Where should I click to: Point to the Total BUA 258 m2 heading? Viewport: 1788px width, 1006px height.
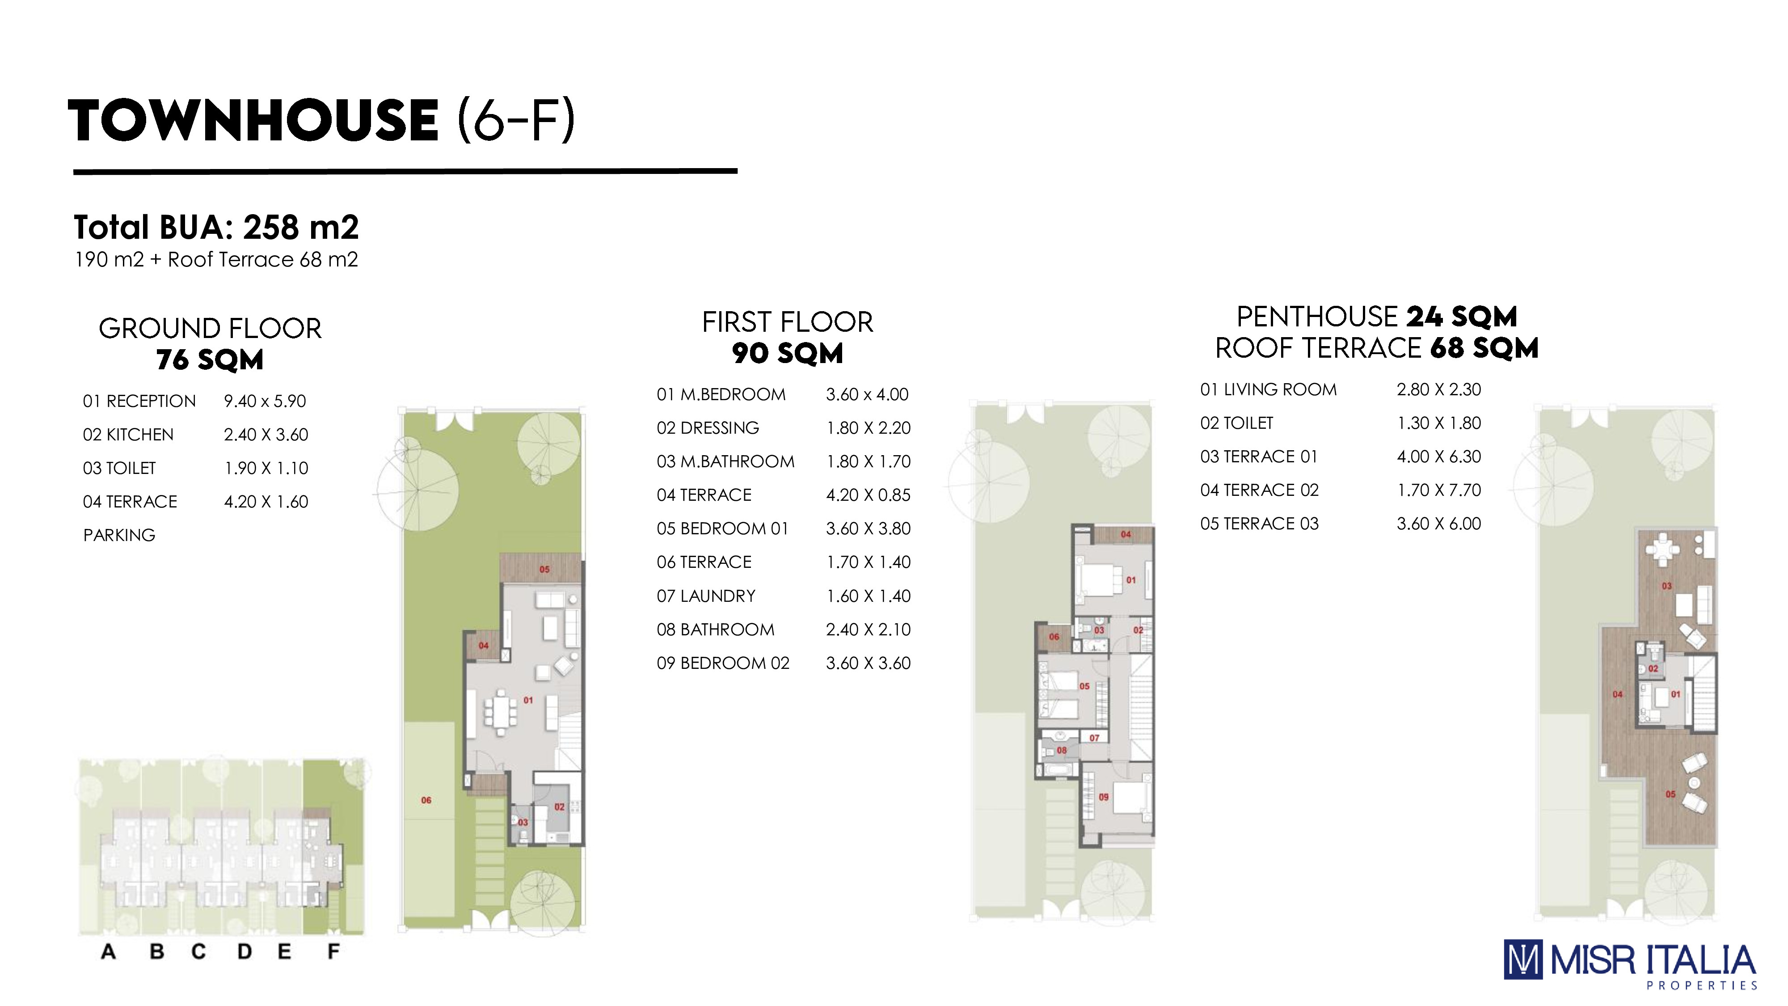(x=216, y=227)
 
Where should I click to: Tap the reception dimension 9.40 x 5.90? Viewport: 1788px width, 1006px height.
(x=265, y=402)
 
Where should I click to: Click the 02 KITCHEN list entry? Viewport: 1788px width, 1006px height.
(x=128, y=435)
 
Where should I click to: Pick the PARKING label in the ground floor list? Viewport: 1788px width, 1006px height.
(x=119, y=535)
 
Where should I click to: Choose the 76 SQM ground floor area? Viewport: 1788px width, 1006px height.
(x=210, y=359)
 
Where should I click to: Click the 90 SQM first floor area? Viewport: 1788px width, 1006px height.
(x=787, y=353)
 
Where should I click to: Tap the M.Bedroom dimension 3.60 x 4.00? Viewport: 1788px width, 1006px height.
(x=867, y=394)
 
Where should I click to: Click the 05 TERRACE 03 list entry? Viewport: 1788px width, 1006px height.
(x=1259, y=524)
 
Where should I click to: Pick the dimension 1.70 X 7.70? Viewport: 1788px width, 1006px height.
(x=1439, y=490)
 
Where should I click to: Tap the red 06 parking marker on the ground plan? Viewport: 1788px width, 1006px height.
(x=426, y=800)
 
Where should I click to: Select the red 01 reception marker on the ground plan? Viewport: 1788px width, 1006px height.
(x=528, y=701)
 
